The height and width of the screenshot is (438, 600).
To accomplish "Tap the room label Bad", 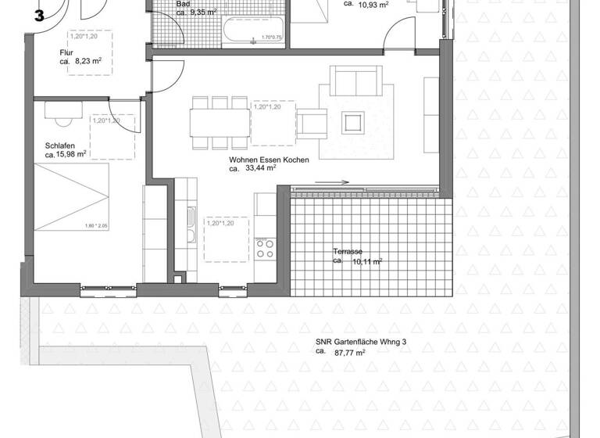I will [183, 4].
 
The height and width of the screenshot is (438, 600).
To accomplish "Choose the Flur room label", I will [66, 53].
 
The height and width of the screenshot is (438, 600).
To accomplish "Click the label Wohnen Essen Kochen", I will [269, 160].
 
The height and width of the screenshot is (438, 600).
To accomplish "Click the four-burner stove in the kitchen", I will [265, 249].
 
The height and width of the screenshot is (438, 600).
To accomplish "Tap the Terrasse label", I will [347, 251].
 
